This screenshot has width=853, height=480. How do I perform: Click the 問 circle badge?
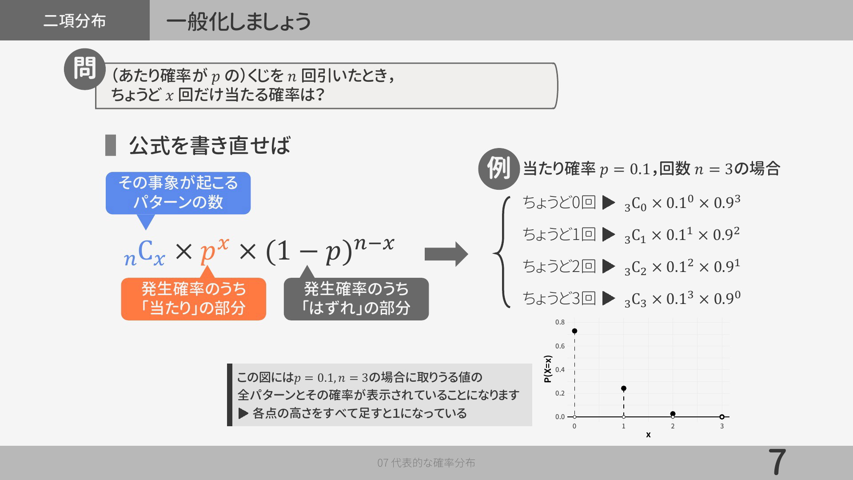coord(84,69)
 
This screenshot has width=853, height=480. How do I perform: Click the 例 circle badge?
coord(498,169)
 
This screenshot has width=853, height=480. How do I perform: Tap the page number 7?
coord(777,463)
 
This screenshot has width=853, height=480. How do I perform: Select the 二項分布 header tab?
coord(75,20)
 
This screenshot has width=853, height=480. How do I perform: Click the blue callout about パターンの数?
coord(178,193)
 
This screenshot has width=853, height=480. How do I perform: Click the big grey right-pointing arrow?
coord(446,254)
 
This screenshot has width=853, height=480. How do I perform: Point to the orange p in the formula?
coord(207,253)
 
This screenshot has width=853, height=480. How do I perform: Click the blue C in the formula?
coord(145,250)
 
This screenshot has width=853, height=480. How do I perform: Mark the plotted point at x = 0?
coord(574,331)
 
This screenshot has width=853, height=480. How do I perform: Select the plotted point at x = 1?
coord(624,388)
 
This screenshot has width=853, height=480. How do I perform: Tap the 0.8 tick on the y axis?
coord(560,322)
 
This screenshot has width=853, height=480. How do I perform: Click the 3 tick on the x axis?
coord(722,426)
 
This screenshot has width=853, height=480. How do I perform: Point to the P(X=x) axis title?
coord(548,369)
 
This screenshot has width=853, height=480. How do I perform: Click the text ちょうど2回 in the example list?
coord(559,266)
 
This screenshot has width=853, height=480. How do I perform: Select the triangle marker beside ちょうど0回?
coord(609,203)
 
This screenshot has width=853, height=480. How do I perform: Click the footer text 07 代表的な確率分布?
coord(426,463)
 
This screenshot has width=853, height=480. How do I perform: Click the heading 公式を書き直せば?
coord(209,145)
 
